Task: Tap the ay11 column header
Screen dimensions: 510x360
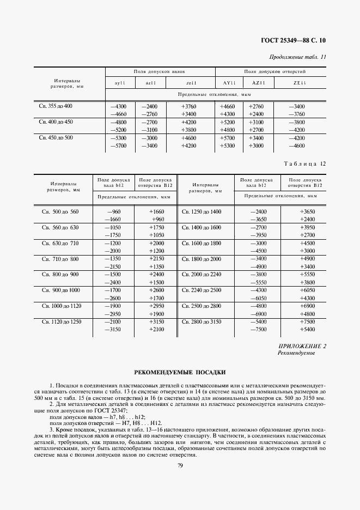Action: pyautogui.click(x=120, y=83)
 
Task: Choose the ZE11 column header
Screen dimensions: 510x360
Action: pyautogui.click(x=300, y=83)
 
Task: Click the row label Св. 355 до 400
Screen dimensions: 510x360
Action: pyautogui.click(x=56, y=106)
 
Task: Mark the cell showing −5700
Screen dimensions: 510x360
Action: pyautogui.click(x=118, y=146)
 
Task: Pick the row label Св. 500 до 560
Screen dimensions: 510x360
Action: pyautogui.click(x=60, y=211)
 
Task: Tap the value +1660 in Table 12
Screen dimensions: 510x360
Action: pyautogui.click(x=156, y=211)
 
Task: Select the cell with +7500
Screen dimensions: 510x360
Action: pyautogui.click(x=307, y=322)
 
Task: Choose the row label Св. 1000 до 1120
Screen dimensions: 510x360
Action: pyautogui.click(x=60, y=306)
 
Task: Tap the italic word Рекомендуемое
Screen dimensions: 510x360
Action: pyautogui.click(x=296, y=353)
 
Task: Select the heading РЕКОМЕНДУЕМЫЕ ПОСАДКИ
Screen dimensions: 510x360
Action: pyautogui.click(x=180, y=373)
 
